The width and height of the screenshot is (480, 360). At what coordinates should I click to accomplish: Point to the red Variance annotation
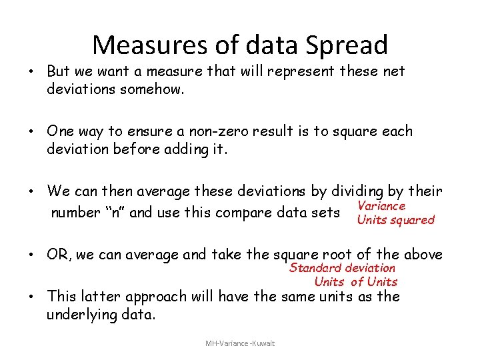click(x=381, y=206)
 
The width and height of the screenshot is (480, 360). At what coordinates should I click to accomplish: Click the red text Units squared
click(x=395, y=219)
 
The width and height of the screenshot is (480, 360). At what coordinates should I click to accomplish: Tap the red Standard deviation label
click(x=342, y=267)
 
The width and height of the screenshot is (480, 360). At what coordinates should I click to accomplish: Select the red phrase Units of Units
click(x=355, y=281)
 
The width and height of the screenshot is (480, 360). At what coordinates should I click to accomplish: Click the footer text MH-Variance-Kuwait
click(x=240, y=343)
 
